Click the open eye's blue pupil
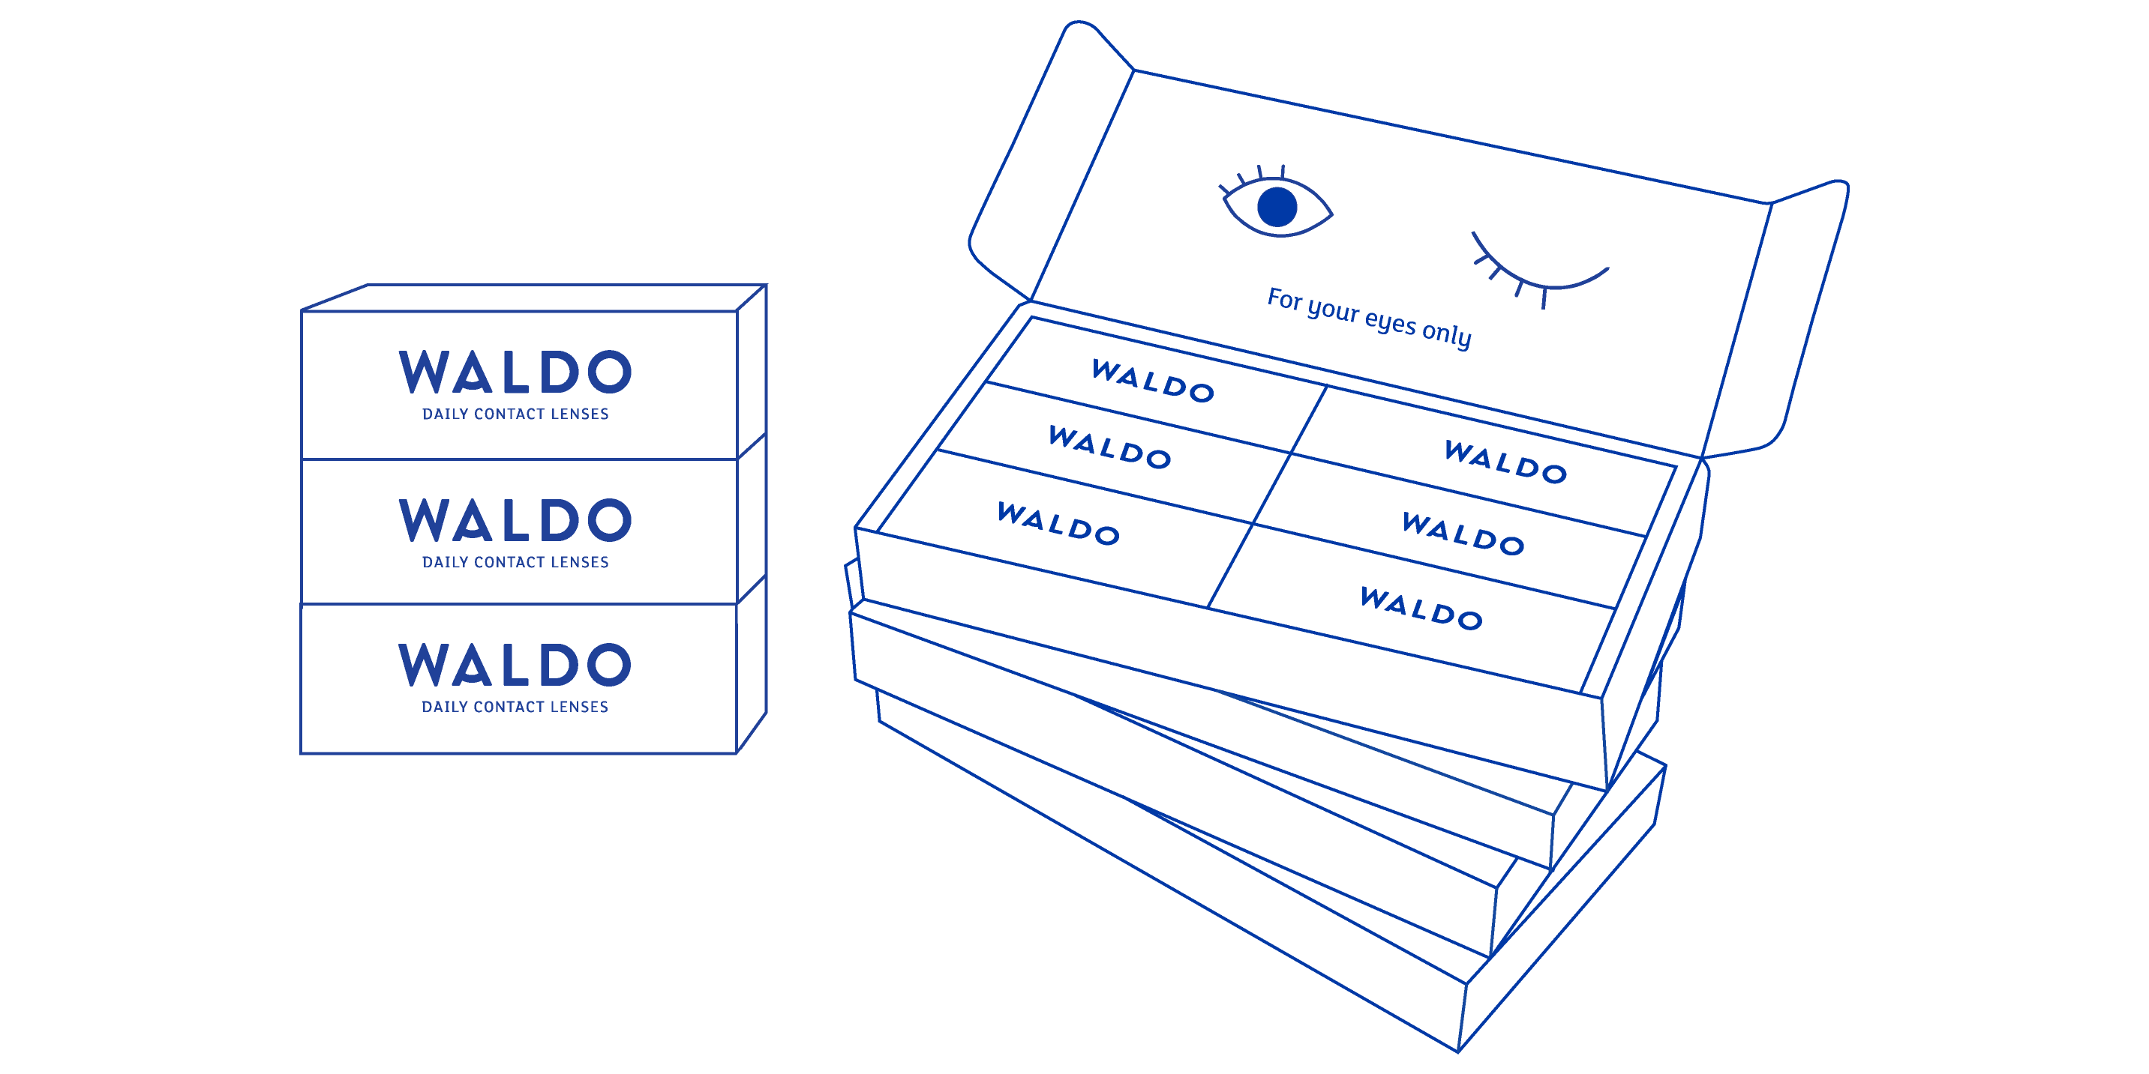1277,207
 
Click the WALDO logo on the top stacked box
515,372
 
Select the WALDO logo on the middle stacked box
515,520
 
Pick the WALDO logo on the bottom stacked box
515,665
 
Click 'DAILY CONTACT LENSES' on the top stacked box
515,414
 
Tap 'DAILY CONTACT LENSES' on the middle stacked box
515,563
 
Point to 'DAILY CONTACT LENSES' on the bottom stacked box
515,707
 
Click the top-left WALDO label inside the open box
1153,381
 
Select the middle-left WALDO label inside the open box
1109,447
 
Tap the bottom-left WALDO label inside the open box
1058,524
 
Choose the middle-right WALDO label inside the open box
1463,534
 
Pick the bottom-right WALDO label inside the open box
1421,609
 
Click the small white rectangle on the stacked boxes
742,615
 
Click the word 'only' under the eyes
1447,334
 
